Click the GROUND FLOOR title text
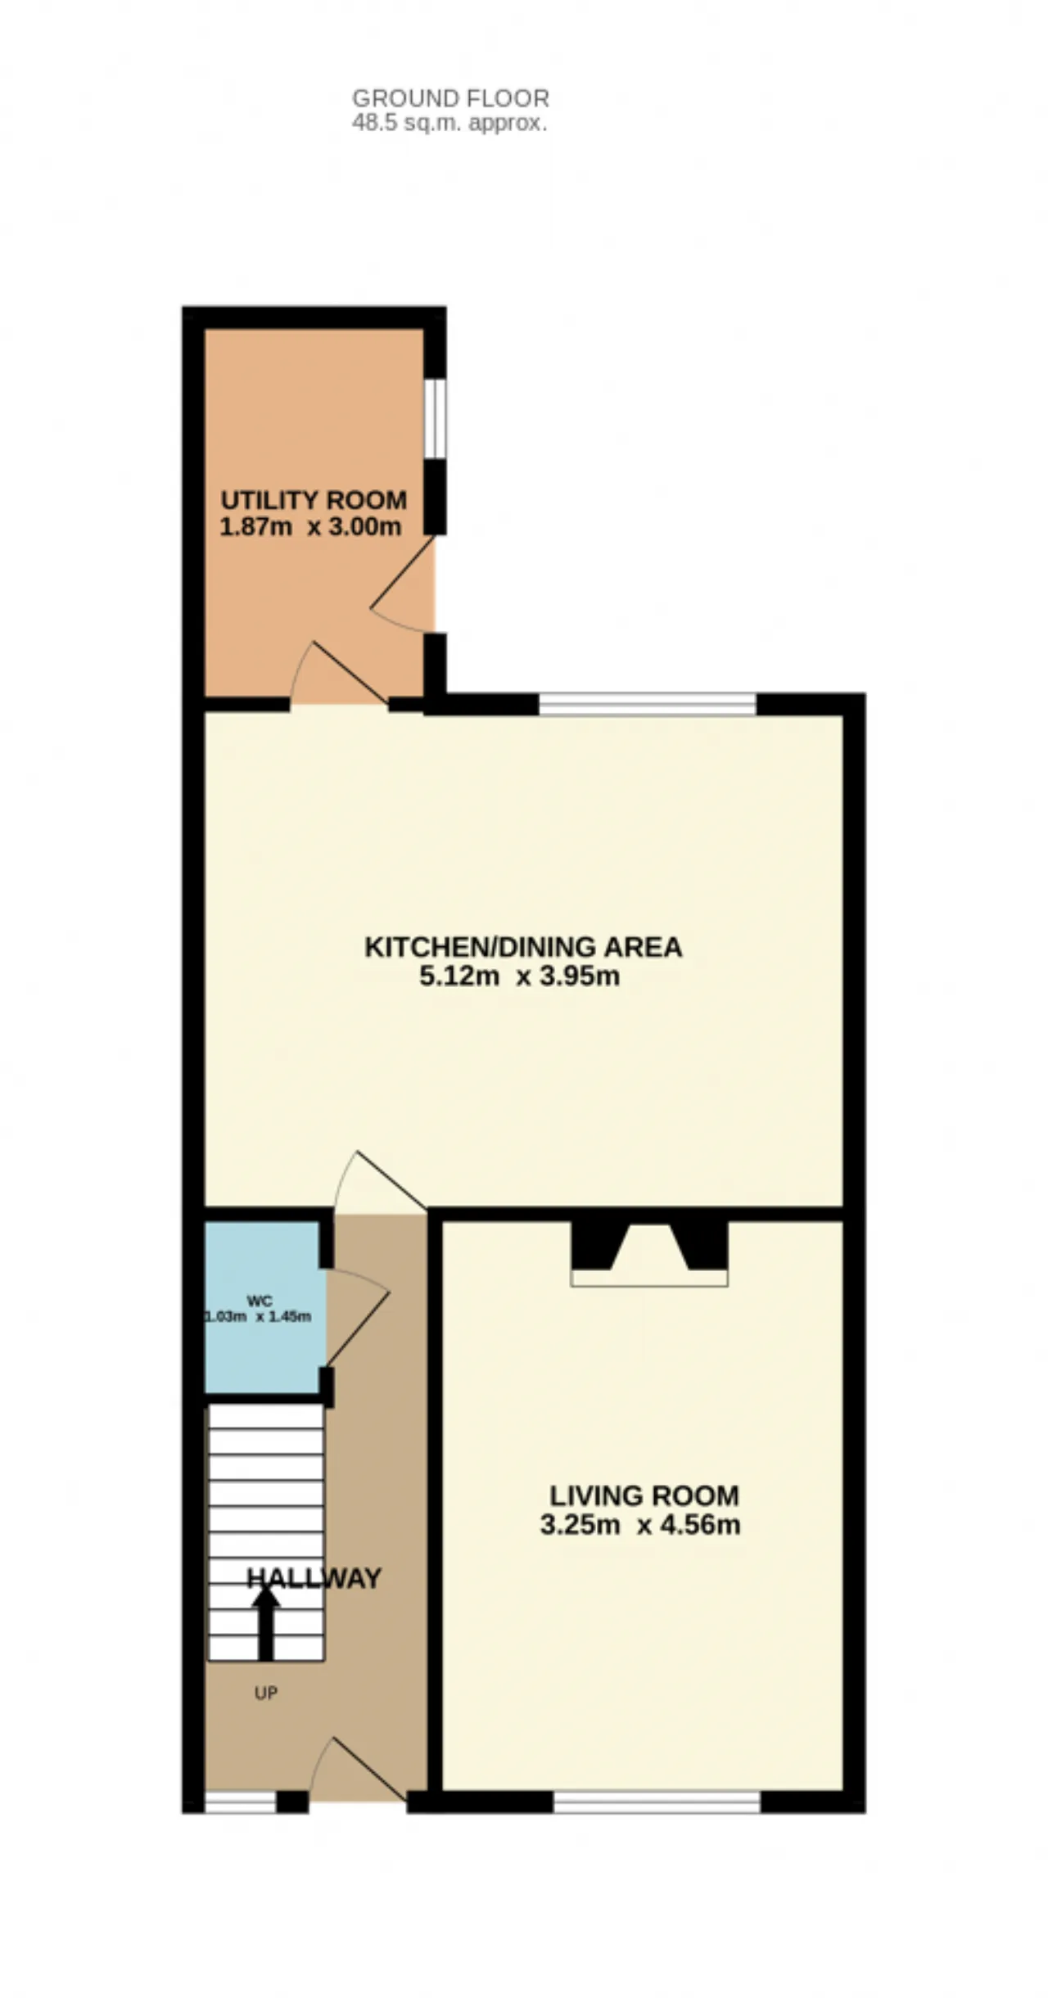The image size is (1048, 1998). [450, 98]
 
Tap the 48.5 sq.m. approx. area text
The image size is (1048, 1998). [449, 124]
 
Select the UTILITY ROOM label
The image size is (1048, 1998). [314, 499]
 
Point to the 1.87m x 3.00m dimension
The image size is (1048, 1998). [311, 526]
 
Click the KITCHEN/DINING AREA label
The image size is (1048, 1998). [523, 947]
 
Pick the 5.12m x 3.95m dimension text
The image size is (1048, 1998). [520, 976]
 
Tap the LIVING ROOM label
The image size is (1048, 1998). [644, 1495]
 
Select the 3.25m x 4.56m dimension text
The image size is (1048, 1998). [640, 1525]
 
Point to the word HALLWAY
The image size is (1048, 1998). [314, 1578]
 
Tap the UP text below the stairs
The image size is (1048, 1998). [266, 1693]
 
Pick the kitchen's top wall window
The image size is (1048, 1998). [648, 704]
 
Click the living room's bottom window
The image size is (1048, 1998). [657, 1802]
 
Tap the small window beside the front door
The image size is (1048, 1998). [241, 1802]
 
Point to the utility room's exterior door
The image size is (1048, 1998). [403, 584]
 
